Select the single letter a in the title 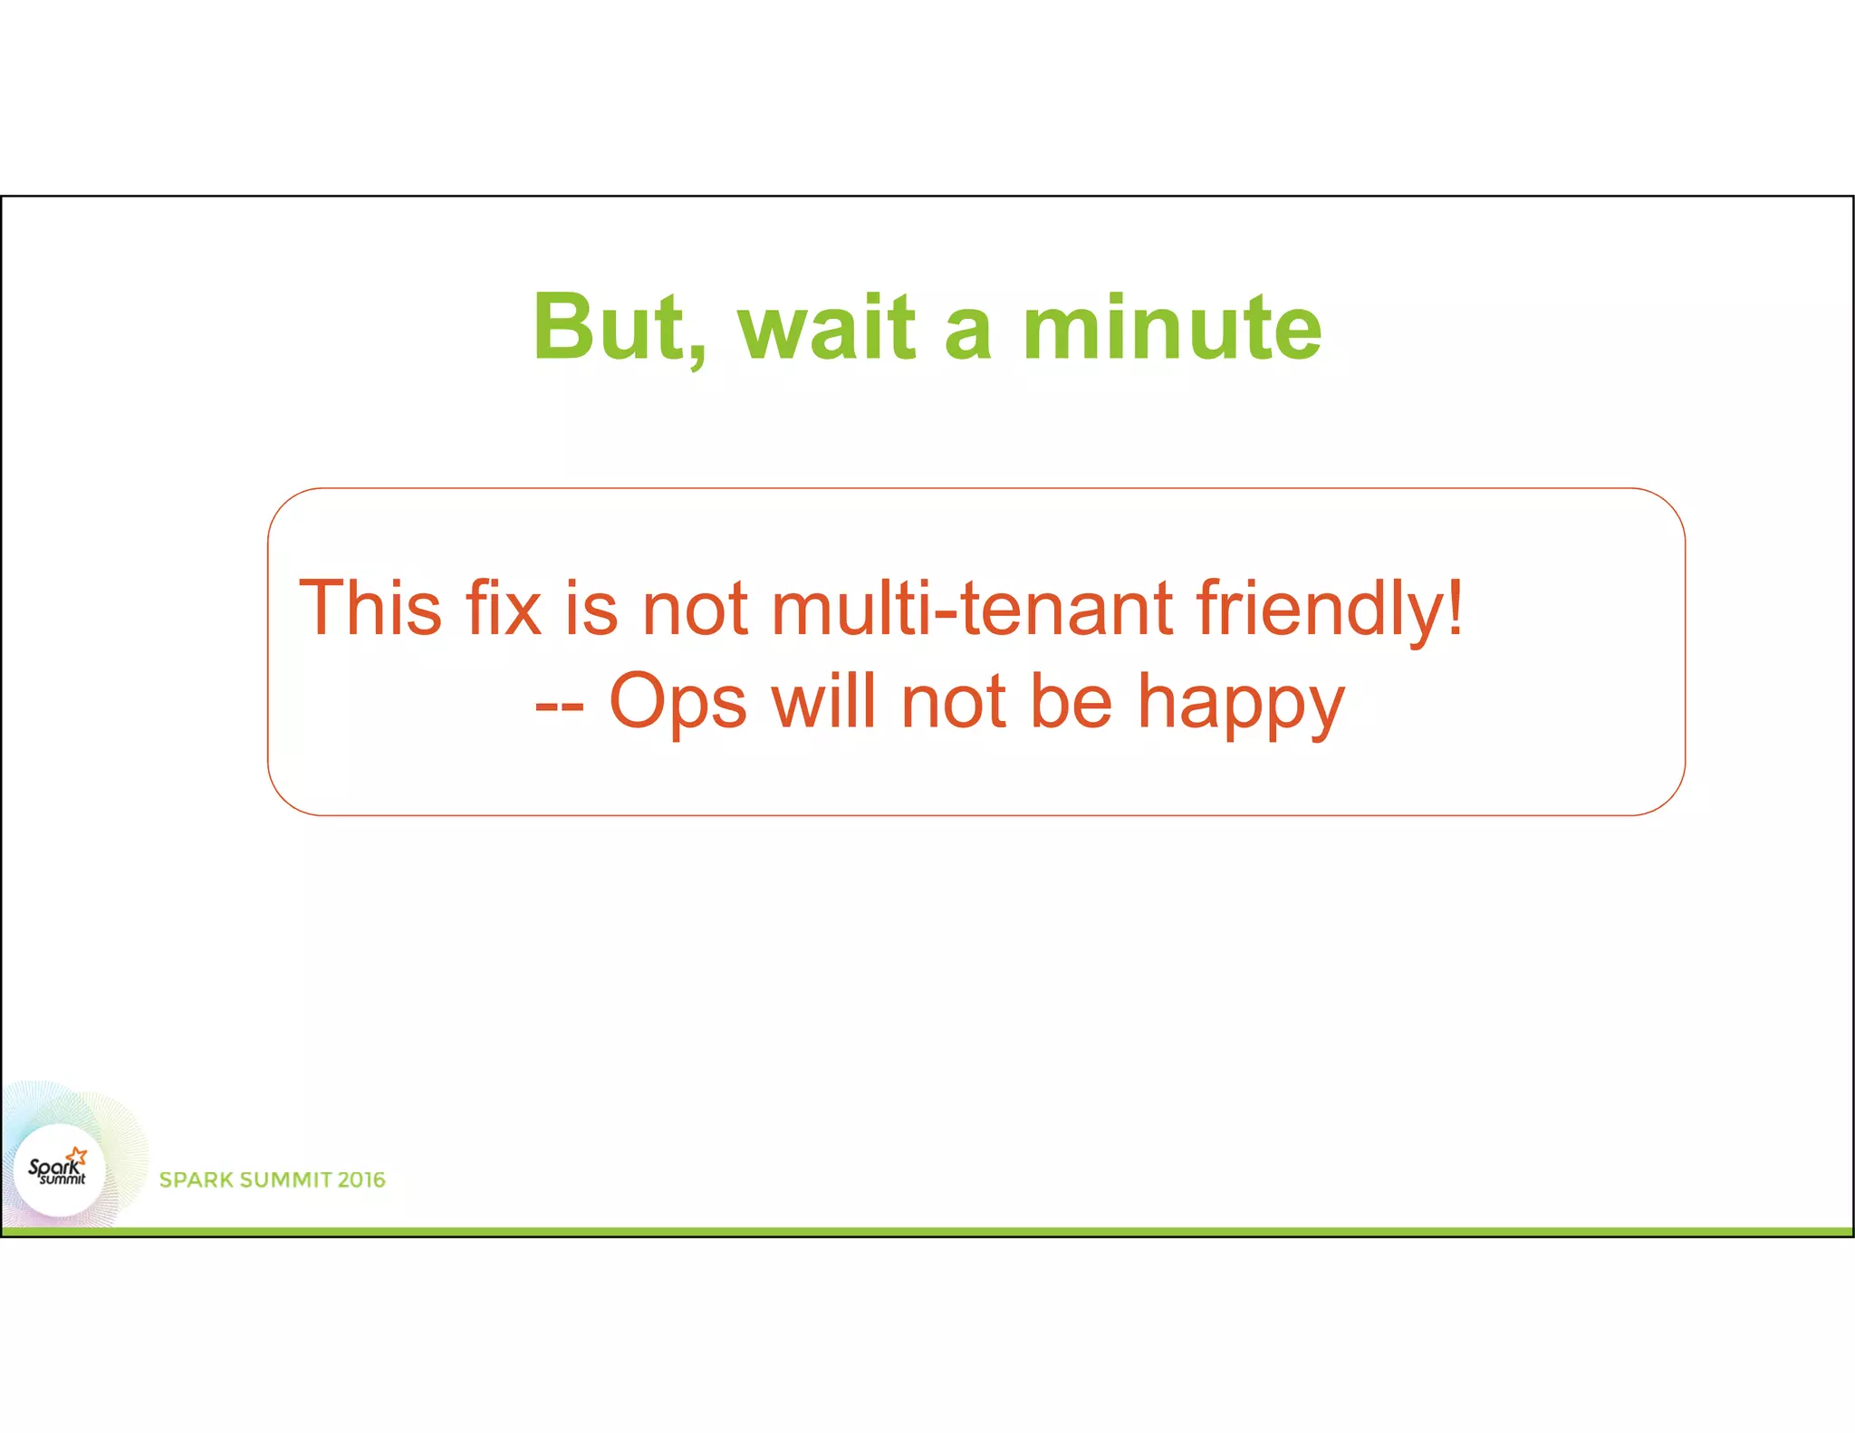tap(968, 333)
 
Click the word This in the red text tap(370, 608)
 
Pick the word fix tap(503, 608)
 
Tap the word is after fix tap(591, 608)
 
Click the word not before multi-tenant tap(695, 610)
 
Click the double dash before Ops tap(559, 705)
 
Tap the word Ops tap(678, 703)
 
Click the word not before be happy tap(954, 703)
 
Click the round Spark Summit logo tap(60, 1170)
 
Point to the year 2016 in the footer tap(361, 1180)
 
